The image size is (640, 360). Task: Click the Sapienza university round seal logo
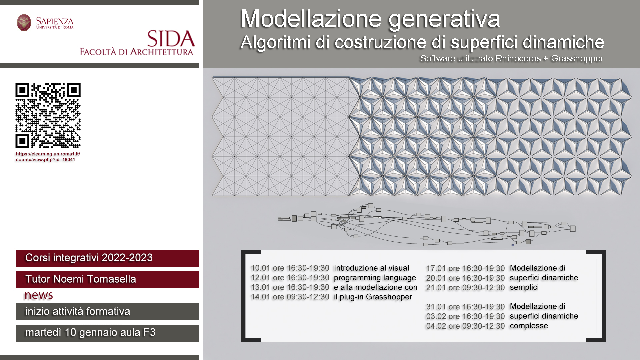coord(24,23)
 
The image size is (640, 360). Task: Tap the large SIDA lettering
coord(171,39)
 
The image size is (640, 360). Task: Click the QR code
coord(48,115)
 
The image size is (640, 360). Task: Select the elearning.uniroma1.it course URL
coord(48,157)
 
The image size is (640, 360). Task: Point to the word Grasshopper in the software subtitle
coord(577,58)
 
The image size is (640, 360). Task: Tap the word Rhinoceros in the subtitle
coord(518,58)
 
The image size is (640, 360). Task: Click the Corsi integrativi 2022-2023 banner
coord(107,258)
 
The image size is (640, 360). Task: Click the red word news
coord(39,295)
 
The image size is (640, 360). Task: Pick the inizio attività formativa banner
coord(107,312)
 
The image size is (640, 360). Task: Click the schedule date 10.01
coord(260,268)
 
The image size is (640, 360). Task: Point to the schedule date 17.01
coord(436,268)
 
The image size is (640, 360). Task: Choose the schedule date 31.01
coord(436,307)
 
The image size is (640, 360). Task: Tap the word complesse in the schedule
coord(529,326)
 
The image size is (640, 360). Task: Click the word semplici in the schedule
coord(524,287)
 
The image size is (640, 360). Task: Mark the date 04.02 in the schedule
coord(436,326)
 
